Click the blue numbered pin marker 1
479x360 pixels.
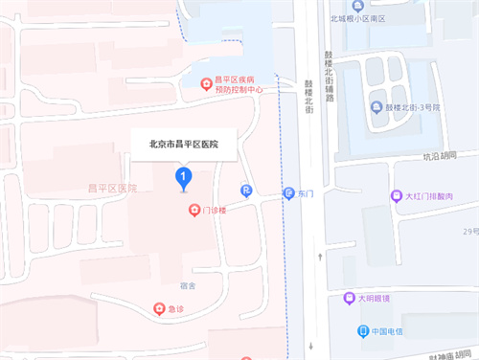click(183, 177)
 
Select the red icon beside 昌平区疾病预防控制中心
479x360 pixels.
click(205, 84)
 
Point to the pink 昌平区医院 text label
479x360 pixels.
click(112, 189)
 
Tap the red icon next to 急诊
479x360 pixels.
click(159, 308)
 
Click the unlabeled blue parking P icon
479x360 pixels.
click(246, 191)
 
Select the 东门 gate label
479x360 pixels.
click(306, 192)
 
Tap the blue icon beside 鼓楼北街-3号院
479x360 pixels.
click(377, 105)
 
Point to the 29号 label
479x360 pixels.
click(469, 231)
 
